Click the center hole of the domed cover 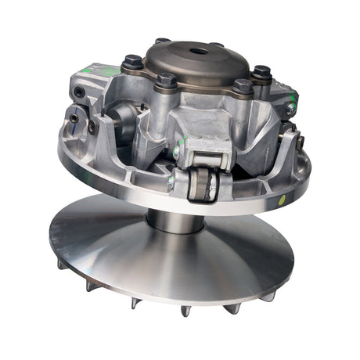pyautogui.click(x=196, y=52)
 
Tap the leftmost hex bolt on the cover pyautogui.click(x=133, y=62)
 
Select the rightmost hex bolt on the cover pyautogui.click(x=262, y=74)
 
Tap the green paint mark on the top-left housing pyautogui.click(x=110, y=70)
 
